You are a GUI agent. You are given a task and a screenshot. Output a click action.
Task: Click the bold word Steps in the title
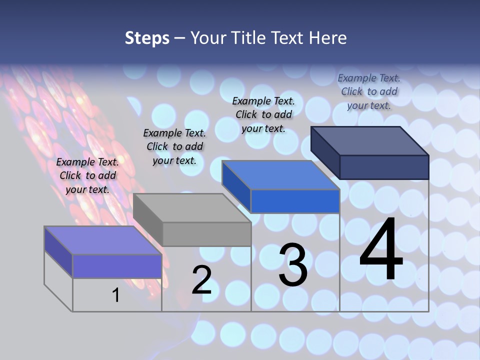147,38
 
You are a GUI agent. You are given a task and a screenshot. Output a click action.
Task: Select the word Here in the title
328,38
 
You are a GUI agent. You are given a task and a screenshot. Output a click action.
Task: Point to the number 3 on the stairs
293,264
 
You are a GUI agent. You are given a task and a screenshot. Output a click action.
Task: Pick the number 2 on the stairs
202,280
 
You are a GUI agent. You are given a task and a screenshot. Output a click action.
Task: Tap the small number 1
116,295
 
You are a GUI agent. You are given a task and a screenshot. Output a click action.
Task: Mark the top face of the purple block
103,240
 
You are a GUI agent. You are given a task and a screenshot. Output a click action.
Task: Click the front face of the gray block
206,234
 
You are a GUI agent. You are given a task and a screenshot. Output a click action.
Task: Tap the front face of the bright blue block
295,201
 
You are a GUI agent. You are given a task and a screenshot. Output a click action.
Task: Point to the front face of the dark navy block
384,167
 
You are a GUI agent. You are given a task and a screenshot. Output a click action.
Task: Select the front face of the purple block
117,266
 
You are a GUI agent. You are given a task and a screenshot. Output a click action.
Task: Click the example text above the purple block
87,175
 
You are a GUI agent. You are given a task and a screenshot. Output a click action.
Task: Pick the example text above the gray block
174,146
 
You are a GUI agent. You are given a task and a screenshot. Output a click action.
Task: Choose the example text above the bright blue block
263,114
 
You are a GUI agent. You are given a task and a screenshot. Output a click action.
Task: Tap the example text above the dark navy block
369,91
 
